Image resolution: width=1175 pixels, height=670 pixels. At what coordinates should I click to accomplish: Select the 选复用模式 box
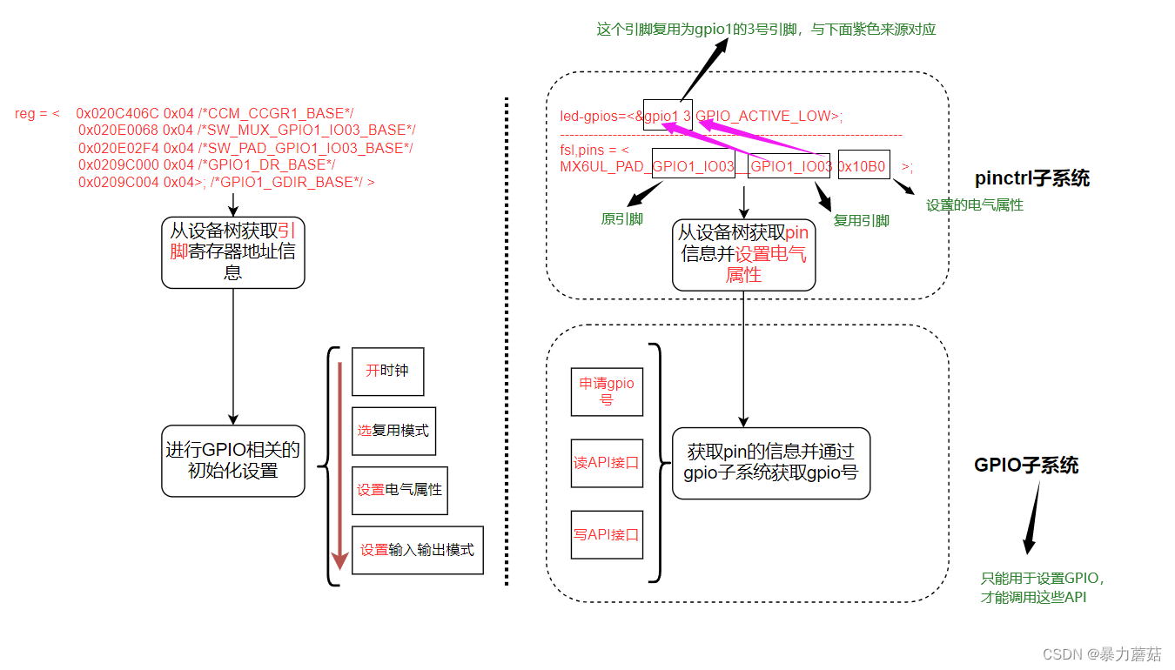[393, 431]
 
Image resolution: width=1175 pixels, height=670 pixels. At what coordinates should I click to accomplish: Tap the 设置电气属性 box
[399, 490]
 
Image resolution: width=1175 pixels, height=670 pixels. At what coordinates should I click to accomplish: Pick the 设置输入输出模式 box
[417, 550]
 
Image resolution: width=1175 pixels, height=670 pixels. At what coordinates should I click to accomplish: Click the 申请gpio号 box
[607, 392]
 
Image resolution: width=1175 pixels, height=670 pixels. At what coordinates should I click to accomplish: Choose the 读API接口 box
[607, 463]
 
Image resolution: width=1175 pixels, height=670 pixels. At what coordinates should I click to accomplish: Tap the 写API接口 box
[607, 534]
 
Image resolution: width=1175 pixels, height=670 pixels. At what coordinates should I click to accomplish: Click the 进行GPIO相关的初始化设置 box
[233, 460]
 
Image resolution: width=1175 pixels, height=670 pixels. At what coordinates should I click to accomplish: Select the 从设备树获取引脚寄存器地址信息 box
[233, 252]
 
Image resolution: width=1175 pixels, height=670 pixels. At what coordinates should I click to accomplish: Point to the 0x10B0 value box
[863, 165]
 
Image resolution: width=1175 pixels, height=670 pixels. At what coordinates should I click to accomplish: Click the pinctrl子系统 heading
[1032, 179]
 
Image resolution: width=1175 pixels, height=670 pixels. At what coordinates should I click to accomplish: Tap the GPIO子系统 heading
[1026, 466]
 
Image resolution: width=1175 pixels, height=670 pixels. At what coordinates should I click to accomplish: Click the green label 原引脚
[621, 219]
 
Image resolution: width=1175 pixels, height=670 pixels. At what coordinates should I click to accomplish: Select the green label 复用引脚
[861, 221]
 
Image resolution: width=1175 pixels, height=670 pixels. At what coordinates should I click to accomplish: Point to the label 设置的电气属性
[974, 205]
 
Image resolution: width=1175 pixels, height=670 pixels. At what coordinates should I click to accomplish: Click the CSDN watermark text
[1101, 654]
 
